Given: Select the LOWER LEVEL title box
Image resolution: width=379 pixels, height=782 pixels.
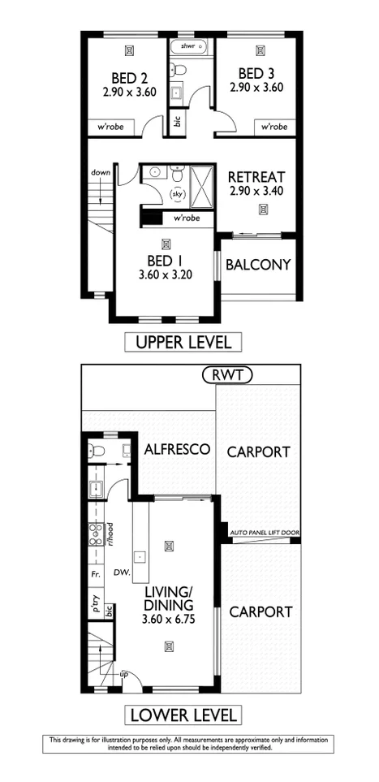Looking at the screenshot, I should [x=183, y=715].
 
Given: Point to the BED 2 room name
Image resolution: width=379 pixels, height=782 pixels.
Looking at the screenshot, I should [x=128, y=80].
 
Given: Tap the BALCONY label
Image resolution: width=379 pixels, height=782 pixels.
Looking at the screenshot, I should [x=258, y=265].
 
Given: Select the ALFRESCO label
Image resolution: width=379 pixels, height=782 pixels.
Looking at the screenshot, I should [x=178, y=449].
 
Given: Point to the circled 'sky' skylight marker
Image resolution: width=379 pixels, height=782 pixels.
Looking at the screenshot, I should [x=177, y=194].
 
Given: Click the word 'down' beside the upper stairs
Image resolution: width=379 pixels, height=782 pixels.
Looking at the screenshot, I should [x=101, y=173].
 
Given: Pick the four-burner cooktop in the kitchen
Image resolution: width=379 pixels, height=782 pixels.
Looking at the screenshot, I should [x=94, y=533].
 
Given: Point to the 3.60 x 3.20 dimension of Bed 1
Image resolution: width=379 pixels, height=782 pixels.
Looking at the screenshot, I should [x=166, y=275].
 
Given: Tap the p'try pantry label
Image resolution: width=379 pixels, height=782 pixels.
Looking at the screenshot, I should [x=95, y=605].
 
